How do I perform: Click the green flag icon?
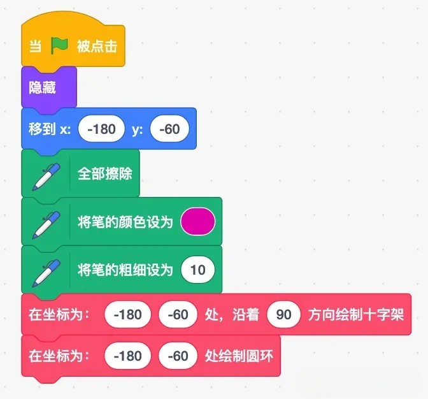(59, 46)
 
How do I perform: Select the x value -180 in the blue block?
(101, 129)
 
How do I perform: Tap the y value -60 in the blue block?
(169, 129)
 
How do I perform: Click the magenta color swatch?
(198, 221)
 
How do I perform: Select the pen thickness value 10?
(198, 270)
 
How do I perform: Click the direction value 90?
(284, 314)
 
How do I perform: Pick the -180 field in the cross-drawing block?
(127, 314)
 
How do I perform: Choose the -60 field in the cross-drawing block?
(178, 314)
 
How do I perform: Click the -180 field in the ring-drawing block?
(127, 356)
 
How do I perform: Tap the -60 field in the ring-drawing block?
(178, 356)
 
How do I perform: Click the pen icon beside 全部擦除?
(46, 177)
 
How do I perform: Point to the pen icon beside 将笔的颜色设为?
(46, 225)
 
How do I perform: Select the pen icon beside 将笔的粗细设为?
(46, 273)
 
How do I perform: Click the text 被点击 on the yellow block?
(97, 46)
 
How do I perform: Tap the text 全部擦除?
(105, 173)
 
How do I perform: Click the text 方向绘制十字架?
(356, 314)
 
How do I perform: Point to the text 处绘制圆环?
(239, 356)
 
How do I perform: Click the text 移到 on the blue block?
(42, 129)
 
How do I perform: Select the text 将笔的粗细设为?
(125, 270)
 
